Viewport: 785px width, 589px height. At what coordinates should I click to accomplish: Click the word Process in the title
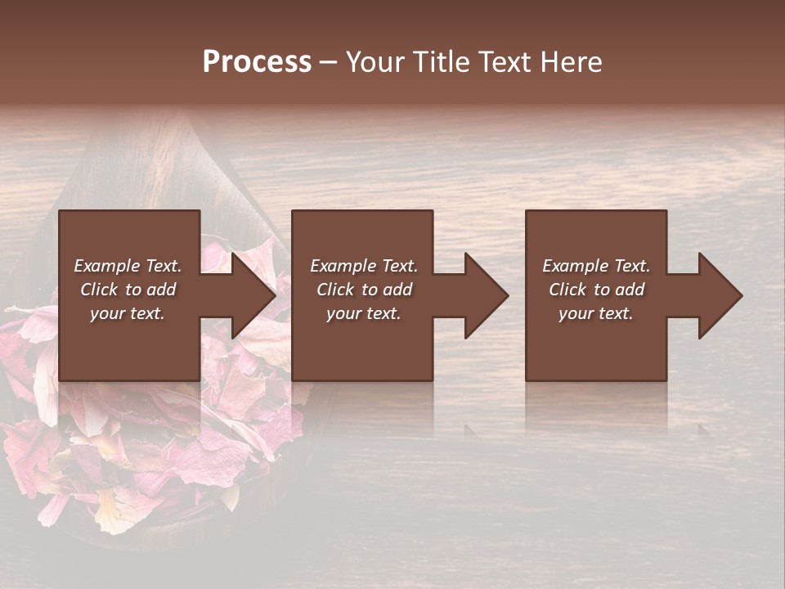click(257, 62)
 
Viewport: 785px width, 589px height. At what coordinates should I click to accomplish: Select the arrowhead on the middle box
click(485, 295)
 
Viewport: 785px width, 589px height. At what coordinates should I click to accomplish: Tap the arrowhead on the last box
click(719, 295)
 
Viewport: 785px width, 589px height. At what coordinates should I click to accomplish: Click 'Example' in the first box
click(105, 266)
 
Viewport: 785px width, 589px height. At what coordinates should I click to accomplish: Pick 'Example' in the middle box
click(342, 266)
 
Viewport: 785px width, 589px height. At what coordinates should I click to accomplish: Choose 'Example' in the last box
click(574, 266)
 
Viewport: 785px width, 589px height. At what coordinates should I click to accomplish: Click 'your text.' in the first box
click(128, 313)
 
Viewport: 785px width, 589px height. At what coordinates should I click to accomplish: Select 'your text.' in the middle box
click(364, 313)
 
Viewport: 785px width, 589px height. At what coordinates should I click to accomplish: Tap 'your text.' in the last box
click(596, 313)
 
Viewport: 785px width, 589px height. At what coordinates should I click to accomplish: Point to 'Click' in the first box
click(100, 290)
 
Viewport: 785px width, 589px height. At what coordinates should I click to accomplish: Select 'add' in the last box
click(629, 290)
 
